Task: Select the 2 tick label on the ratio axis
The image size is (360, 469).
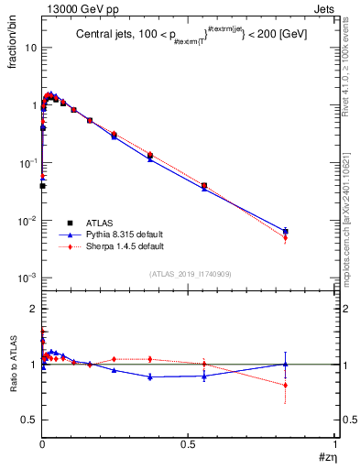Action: pos(34,309)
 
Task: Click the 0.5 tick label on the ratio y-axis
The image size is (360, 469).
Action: pos(29,420)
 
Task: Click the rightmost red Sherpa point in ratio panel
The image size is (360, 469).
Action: pos(286,385)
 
